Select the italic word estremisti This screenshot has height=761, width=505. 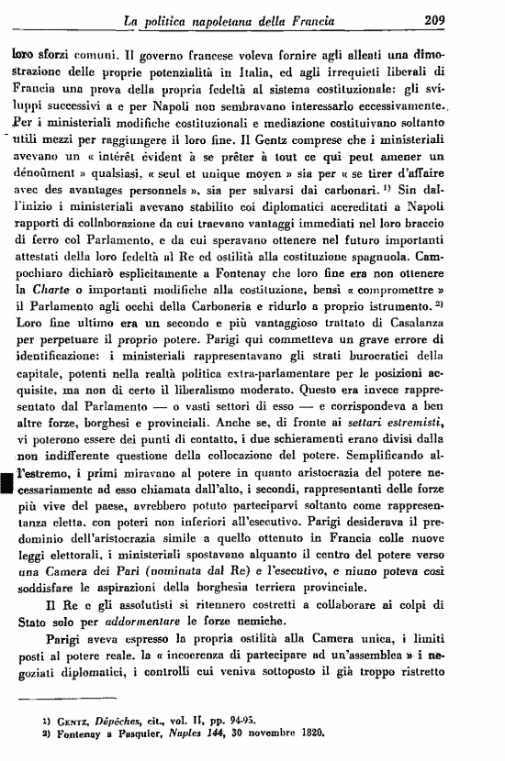438,488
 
